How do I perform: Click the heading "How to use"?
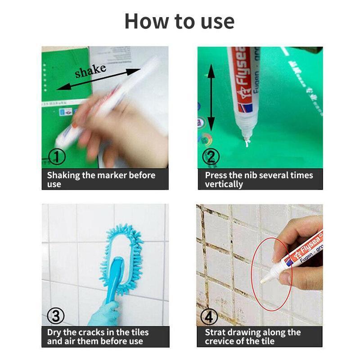tap(179, 21)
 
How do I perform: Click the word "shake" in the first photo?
tap(90, 71)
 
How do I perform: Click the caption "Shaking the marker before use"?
tap(101, 179)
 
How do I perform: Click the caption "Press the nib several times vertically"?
tap(259, 179)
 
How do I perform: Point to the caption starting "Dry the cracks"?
tap(98, 337)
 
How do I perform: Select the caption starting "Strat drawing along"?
tap(252, 337)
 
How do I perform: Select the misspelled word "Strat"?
tap(216, 333)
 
